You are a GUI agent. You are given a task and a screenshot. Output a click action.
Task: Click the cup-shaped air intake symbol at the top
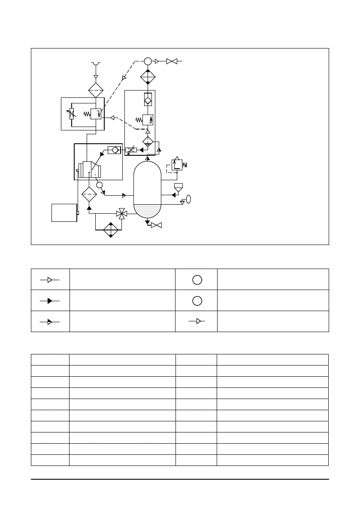(x=96, y=64)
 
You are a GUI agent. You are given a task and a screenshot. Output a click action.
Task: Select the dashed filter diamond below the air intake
(x=96, y=91)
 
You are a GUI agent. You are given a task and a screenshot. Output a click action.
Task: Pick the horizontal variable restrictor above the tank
(x=131, y=150)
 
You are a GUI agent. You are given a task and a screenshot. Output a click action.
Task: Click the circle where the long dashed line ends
(x=148, y=61)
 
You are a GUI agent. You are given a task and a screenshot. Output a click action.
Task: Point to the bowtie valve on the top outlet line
(x=172, y=61)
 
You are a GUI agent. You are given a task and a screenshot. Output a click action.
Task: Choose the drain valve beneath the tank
(x=156, y=225)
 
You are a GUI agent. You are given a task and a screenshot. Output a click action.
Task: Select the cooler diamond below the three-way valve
(x=111, y=230)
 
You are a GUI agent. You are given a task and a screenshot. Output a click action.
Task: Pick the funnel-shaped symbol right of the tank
(x=178, y=187)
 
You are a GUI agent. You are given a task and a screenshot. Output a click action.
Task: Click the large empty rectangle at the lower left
(x=64, y=212)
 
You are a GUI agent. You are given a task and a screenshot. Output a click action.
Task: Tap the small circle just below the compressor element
(x=100, y=185)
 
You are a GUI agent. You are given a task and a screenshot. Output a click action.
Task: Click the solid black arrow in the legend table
(x=50, y=300)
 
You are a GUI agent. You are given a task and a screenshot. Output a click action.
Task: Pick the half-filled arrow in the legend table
(x=50, y=321)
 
